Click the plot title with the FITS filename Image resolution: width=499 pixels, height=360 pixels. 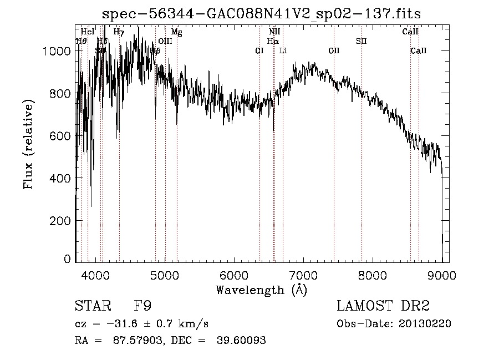262,15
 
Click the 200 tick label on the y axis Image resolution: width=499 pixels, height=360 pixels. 61,221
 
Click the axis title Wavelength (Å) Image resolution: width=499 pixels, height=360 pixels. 261,289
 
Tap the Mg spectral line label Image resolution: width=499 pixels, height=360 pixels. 176,32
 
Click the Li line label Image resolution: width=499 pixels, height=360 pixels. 283,50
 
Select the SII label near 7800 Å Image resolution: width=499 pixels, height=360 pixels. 361,41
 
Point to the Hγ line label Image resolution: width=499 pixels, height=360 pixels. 119,32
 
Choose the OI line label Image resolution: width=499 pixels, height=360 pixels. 259,50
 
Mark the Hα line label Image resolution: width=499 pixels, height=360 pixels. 272,41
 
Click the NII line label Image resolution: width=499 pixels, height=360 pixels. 274,32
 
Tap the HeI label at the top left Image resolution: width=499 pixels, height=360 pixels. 88,32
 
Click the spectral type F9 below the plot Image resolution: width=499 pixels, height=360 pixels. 143,306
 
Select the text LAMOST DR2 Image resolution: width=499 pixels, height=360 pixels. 383,306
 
